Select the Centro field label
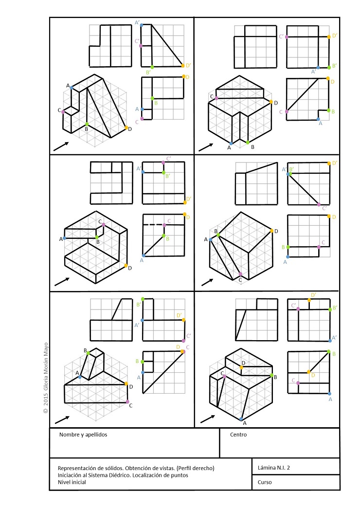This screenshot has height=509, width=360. tap(238, 435)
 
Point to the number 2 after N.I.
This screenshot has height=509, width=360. tap(288, 468)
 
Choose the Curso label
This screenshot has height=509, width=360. tap(265, 482)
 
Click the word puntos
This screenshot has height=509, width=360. tap(180, 475)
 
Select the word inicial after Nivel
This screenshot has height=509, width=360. tap(78, 482)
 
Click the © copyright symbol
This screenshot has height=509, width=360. tap(45, 411)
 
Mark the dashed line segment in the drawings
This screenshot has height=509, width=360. tap(153, 225)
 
